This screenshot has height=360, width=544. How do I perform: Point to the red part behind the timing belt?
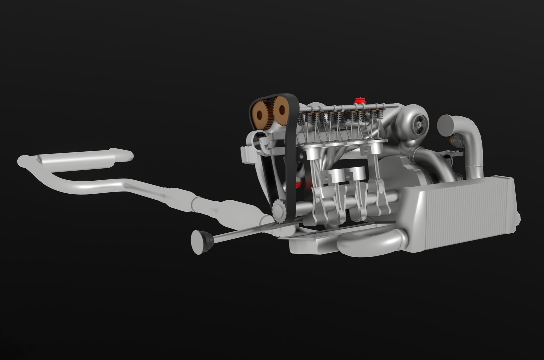click(x=300, y=184)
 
